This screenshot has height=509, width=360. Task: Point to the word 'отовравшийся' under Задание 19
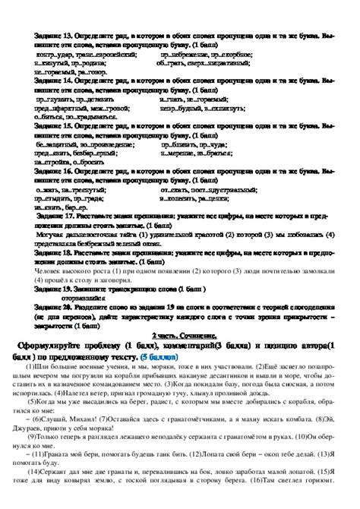pyautogui.click(x=103, y=296)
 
